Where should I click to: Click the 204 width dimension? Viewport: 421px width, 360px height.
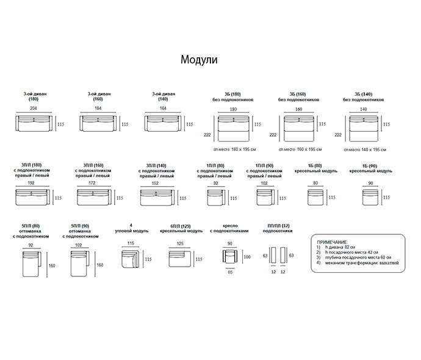pyautogui.click(x=33, y=108)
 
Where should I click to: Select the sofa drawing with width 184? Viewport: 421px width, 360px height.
pyautogui.click(x=98, y=123)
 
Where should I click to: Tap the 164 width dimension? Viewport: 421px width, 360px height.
pyautogui.click(x=162, y=108)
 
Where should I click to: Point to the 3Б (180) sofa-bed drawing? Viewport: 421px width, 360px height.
pyautogui.click(x=232, y=129)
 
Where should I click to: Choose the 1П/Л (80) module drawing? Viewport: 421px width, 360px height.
pyautogui.click(x=216, y=198)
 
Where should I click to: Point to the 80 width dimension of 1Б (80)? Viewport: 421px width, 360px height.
pyautogui.click(x=315, y=182)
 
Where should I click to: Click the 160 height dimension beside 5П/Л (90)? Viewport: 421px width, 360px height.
pyautogui.click(x=99, y=265)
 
